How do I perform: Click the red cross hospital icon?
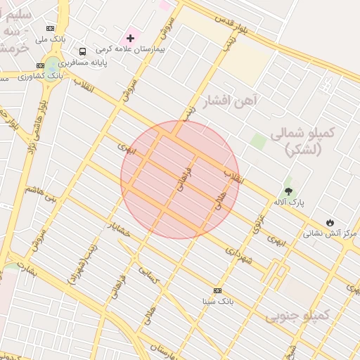(x=131, y=37)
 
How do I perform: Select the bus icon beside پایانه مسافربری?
(x=83, y=51)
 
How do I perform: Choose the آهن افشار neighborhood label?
(x=230, y=101)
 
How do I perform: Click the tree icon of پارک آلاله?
(x=288, y=191)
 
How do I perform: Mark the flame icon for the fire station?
(x=330, y=222)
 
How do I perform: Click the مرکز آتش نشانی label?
(x=330, y=233)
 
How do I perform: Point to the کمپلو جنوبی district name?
(x=297, y=316)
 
